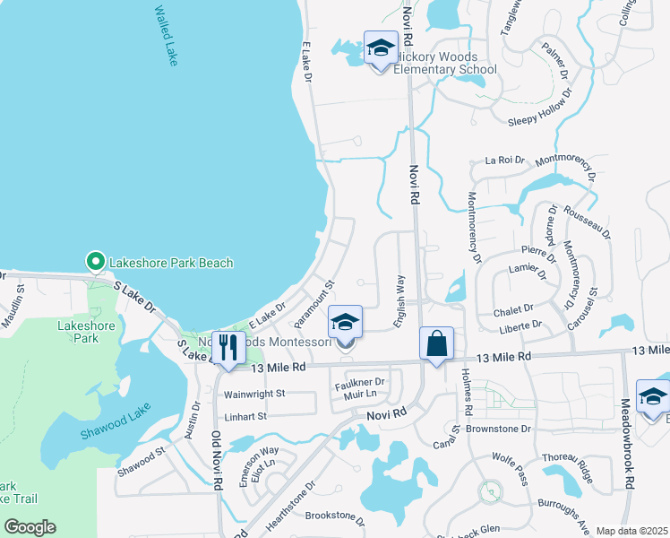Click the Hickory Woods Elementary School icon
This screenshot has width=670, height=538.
coord(381,48)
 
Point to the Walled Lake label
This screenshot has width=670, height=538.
coord(167,36)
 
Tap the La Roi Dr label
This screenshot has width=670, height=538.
coord(504,160)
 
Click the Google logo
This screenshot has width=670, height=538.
coord(30,526)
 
